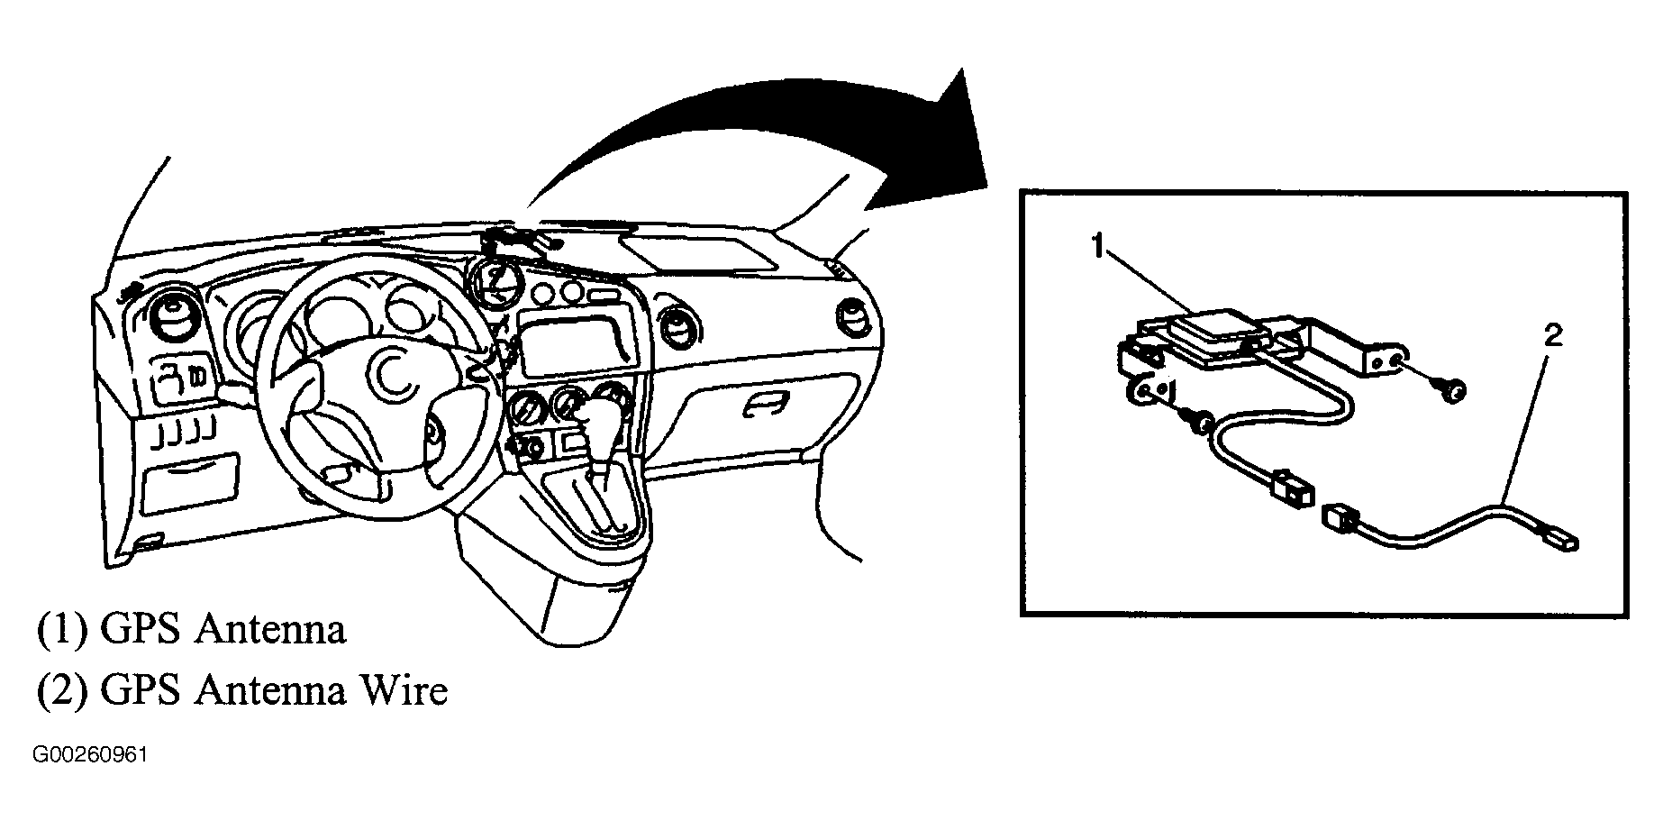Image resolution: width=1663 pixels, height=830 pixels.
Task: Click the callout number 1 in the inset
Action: click(x=1098, y=247)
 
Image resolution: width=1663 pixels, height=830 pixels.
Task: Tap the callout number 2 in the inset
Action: click(x=1552, y=336)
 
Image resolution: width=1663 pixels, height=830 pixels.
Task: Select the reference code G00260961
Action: click(x=89, y=754)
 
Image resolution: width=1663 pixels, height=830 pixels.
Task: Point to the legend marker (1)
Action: click(x=61, y=630)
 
